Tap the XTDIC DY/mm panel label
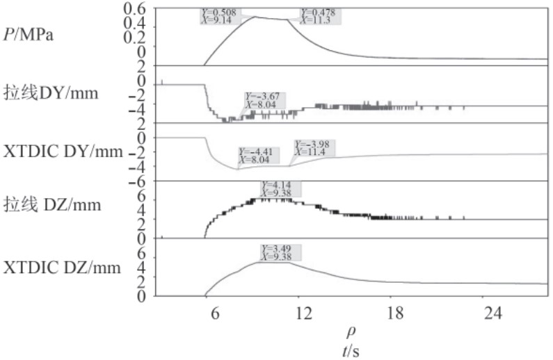[63, 152]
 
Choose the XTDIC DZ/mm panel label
[63, 267]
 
